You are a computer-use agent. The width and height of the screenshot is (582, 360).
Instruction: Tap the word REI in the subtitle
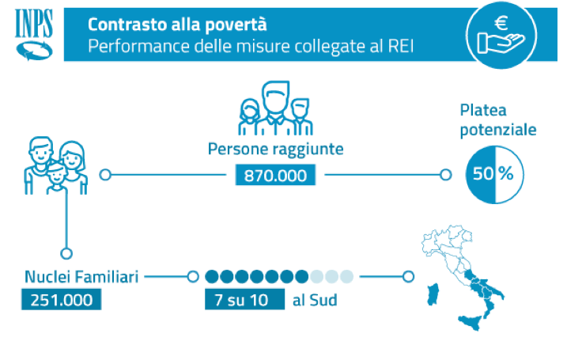397,46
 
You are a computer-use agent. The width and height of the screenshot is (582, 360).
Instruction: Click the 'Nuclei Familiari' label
82,277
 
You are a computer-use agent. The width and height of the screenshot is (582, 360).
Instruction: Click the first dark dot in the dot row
212,277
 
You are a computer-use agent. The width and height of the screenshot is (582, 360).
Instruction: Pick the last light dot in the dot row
346,277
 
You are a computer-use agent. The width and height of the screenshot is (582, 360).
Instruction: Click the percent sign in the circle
505,174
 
